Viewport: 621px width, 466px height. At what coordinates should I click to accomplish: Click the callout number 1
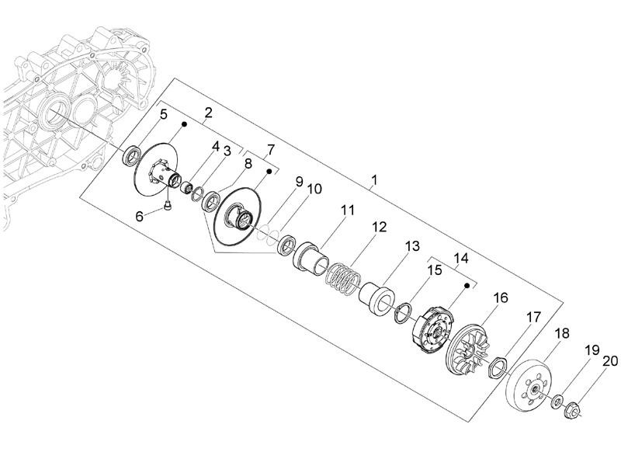pos(374,180)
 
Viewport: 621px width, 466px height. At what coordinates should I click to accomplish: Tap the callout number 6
pos(140,217)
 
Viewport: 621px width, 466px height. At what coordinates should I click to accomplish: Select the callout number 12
pos(379,227)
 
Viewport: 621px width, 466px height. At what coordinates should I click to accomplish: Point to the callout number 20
pos(610,361)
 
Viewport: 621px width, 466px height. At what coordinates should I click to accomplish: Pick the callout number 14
pos(461,259)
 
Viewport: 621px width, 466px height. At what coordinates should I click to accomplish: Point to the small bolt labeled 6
pos(167,206)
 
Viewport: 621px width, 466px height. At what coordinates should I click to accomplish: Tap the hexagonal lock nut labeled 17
pos(498,367)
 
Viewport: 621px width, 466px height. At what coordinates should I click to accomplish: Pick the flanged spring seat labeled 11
pos(311,258)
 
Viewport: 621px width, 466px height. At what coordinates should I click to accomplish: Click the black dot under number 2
pos(184,124)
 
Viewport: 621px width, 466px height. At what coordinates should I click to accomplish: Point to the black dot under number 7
pos(269,171)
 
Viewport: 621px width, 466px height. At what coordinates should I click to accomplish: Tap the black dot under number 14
pos(467,285)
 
